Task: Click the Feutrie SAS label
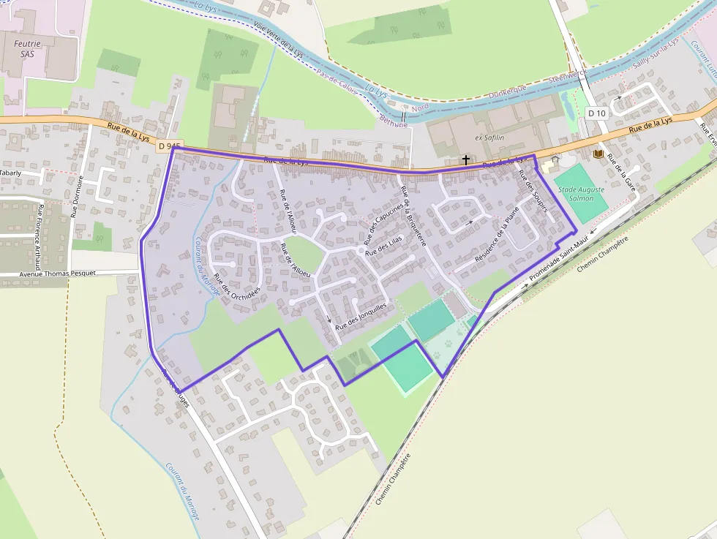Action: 28,48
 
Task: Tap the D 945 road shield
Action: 168,146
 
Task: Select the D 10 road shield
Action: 597,113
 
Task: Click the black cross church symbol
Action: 465,159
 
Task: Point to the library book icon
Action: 598,154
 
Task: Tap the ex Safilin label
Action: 490,137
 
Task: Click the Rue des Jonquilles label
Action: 361,315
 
